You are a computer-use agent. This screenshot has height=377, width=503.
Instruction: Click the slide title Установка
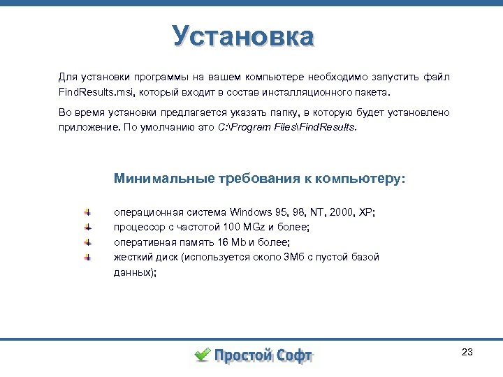[244, 36]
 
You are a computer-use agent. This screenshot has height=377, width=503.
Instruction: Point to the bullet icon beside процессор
[87, 227]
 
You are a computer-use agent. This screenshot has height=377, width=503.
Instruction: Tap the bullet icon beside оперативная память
[87, 242]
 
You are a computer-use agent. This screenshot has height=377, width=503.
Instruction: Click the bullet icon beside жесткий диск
[87, 258]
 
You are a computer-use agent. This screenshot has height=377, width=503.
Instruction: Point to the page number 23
[467, 352]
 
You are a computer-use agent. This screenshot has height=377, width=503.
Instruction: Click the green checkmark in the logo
[201, 355]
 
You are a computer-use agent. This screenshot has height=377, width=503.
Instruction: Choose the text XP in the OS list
[365, 212]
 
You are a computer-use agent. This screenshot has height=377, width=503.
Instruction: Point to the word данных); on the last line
[135, 273]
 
